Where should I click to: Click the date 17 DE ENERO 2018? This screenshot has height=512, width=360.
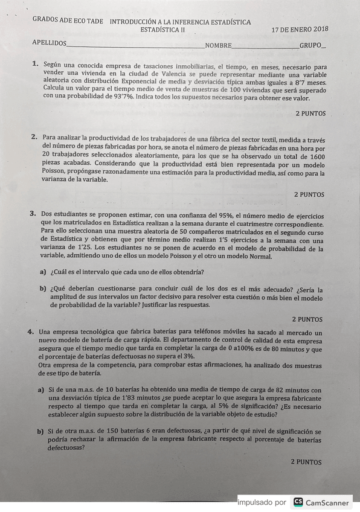300,29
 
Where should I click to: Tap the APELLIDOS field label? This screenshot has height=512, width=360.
50,43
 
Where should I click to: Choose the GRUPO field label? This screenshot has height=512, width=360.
310,45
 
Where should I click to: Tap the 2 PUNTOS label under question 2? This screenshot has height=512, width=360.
309,194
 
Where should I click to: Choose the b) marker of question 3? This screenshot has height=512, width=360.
43,289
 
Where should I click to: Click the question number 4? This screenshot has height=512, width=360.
30,332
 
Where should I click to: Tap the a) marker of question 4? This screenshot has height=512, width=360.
41,390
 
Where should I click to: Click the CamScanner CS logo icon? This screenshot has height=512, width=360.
298,502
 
